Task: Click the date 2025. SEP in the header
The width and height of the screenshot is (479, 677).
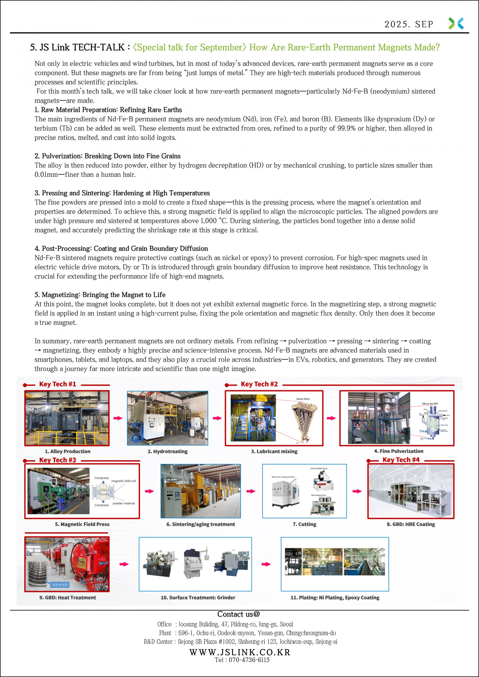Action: click(x=409, y=24)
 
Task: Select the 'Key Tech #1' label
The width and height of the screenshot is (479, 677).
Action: click(x=58, y=384)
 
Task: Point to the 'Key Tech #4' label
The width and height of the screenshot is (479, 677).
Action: click(x=401, y=460)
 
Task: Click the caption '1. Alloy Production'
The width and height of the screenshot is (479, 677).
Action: click(x=68, y=451)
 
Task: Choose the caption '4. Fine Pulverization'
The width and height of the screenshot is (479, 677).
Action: click(x=398, y=451)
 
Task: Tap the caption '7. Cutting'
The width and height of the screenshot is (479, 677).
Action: click(x=304, y=524)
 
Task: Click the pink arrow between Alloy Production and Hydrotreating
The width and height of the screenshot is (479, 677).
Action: click(x=118, y=418)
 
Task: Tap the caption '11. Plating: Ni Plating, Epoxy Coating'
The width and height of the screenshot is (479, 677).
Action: click(x=335, y=597)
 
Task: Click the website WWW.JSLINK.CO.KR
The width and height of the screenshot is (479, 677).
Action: click(x=239, y=652)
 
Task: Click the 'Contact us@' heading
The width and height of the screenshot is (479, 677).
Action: click(x=239, y=614)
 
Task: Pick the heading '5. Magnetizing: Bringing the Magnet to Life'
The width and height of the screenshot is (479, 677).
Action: click(x=100, y=294)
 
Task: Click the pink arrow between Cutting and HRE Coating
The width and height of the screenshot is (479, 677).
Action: click(x=357, y=491)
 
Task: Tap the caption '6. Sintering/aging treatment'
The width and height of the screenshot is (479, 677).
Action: click(x=201, y=524)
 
